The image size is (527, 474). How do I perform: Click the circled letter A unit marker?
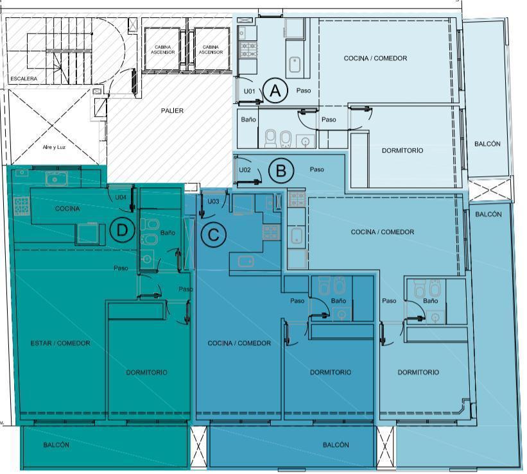tap(275, 90)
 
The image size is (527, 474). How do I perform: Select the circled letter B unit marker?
tap(281, 171)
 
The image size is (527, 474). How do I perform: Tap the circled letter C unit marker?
tap(213, 235)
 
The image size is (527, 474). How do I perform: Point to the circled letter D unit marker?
tap(122, 230)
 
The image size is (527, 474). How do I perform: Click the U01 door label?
tap(250, 91)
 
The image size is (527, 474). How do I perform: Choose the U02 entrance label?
tap(245, 169)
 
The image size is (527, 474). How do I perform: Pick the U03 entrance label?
tap(213, 201)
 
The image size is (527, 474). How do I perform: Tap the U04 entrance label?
tap(121, 197)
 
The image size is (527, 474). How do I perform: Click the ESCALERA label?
tap(24, 79)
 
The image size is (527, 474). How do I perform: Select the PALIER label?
tap(172, 110)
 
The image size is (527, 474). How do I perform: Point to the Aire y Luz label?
tap(54, 147)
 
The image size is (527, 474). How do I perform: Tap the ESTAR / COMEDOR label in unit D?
tap(60, 343)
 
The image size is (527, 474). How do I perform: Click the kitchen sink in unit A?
tap(295, 65)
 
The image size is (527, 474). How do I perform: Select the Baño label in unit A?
tap(248, 119)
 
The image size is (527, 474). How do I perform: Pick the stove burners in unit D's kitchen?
tap(22, 207)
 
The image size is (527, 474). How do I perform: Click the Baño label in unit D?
tap(168, 232)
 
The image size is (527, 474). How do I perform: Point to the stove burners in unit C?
tap(271, 232)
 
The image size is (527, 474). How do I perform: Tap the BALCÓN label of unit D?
tap(56, 444)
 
